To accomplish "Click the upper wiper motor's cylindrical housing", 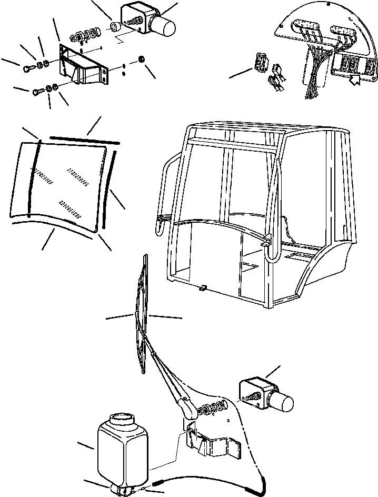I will coord(165,25).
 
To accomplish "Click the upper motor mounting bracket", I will coord(84,66).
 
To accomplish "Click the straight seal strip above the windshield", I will coord(84,139).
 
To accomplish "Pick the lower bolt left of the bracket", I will coord(36,91).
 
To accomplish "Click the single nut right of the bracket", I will coord(141,58).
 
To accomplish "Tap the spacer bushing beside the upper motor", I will coord(114,26).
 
